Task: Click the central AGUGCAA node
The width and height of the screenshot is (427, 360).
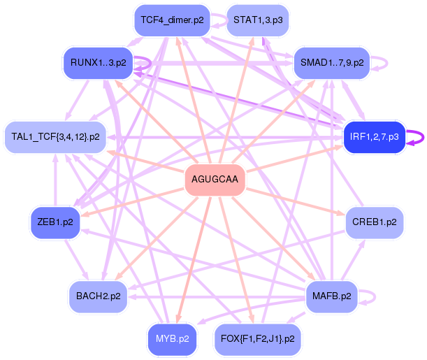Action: (215, 180)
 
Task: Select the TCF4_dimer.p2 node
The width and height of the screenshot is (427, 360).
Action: (172, 20)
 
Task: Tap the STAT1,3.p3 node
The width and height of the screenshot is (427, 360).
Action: (258, 20)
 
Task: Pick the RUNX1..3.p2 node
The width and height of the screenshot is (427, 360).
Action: (98, 63)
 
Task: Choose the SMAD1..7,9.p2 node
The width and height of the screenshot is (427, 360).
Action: (332, 63)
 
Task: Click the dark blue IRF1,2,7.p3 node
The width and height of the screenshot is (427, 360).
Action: (374, 137)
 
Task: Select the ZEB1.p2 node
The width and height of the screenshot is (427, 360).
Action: (55, 222)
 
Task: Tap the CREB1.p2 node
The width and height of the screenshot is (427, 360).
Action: (375, 222)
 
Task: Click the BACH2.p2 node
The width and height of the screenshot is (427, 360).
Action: (98, 296)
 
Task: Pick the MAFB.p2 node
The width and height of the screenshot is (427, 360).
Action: (332, 296)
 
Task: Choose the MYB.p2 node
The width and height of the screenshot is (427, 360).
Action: (172, 339)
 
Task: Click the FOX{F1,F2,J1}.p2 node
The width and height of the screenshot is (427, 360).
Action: (258, 339)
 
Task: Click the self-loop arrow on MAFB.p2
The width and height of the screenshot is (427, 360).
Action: (373, 296)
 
